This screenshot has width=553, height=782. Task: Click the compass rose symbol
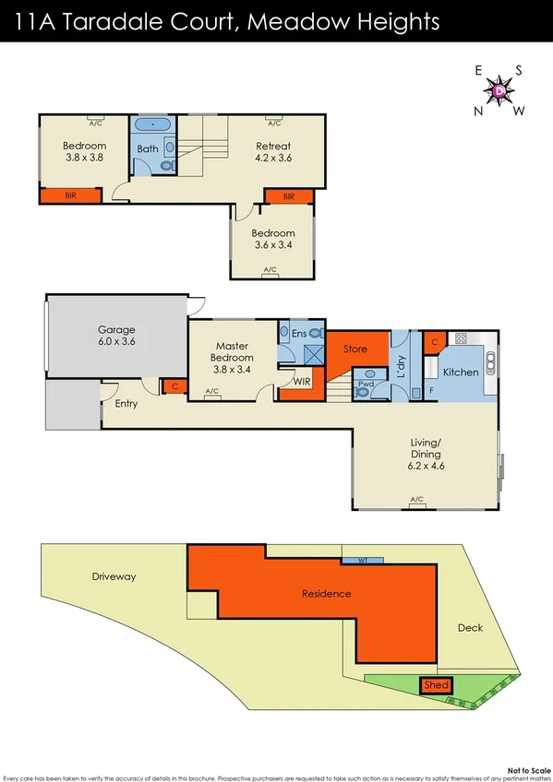[499, 90]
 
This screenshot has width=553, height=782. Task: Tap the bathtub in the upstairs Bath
[150, 124]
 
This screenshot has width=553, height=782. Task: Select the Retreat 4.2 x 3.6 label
[273, 151]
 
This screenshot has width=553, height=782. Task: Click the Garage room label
[117, 335]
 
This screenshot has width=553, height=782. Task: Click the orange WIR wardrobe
[300, 380]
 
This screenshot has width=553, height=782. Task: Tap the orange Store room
[355, 349]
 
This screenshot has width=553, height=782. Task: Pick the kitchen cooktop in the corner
[461, 338]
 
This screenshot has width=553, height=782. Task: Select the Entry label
[126, 404]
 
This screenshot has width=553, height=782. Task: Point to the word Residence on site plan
[326, 593]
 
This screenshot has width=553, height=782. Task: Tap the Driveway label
[114, 576]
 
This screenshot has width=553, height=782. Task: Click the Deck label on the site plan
[470, 628]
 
